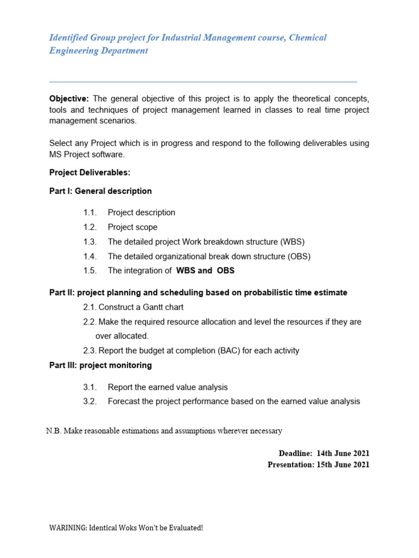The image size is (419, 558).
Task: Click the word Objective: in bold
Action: [x=69, y=99]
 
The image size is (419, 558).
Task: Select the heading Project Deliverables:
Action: [x=89, y=172]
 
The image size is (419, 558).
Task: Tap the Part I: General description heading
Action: [x=100, y=191]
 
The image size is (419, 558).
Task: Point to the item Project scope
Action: [x=133, y=227]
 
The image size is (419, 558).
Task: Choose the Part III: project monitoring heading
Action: [x=100, y=365]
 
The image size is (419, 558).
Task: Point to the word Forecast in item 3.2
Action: [x=125, y=402]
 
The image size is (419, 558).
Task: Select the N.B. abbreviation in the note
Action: [x=53, y=431]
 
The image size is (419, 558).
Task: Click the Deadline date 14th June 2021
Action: [x=343, y=453]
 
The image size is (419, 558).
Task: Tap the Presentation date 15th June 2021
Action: [x=343, y=465]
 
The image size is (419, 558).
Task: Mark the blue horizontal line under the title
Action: [x=203, y=82]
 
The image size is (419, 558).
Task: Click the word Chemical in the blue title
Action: [x=308, y=38]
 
